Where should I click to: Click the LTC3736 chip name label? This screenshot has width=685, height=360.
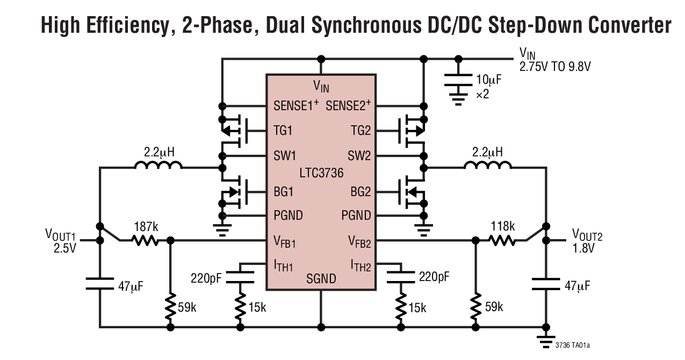pos(321,173)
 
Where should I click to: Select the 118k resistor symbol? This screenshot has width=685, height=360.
pos(503,240)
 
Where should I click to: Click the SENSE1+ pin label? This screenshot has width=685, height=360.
pos(296,105)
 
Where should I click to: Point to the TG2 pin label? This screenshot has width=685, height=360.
pos(360,131)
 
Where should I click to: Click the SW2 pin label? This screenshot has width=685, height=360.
pos(359,156)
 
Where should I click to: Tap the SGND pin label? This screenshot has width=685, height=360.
pos(321,278)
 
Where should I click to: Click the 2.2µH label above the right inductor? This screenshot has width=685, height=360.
pos(487,152)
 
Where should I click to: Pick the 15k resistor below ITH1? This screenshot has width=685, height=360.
pos(240,307)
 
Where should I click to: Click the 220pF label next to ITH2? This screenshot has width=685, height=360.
pos(434,277)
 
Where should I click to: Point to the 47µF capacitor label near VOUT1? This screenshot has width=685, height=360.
pos(131,286)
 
